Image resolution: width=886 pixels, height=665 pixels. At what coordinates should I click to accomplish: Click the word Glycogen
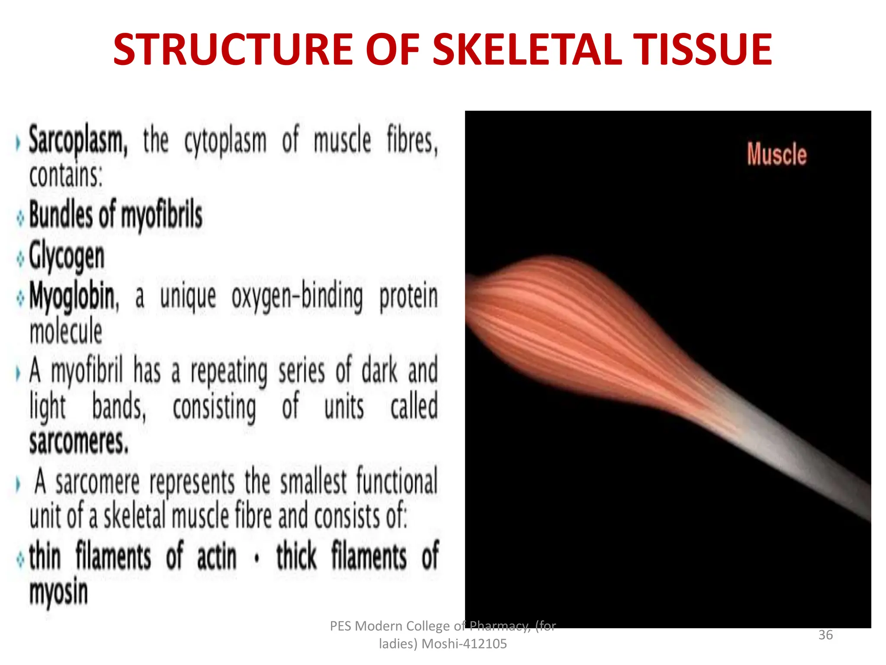tap(67, 257)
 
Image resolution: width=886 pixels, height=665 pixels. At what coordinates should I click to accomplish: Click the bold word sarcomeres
tap(79, 442)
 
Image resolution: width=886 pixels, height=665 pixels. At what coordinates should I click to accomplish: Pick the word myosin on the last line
tap(58, 592)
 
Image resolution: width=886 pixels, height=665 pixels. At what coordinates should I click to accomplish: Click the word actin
tap(217, 556)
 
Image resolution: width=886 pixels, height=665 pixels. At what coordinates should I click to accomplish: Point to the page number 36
tap(825, 635)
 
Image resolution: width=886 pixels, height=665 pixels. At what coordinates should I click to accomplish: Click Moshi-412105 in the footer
tap(464, 644)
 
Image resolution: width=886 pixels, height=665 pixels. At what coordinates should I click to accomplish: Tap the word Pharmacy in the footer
tap(499, 626)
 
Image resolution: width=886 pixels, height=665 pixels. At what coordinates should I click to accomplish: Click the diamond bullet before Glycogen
tap(20, 259)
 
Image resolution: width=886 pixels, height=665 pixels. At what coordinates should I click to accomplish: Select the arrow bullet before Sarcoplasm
tap(18, 143)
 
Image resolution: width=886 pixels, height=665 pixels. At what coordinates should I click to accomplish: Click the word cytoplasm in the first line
tap(225, 141)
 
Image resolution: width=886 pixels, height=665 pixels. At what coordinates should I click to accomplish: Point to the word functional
tap(397, 481)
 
